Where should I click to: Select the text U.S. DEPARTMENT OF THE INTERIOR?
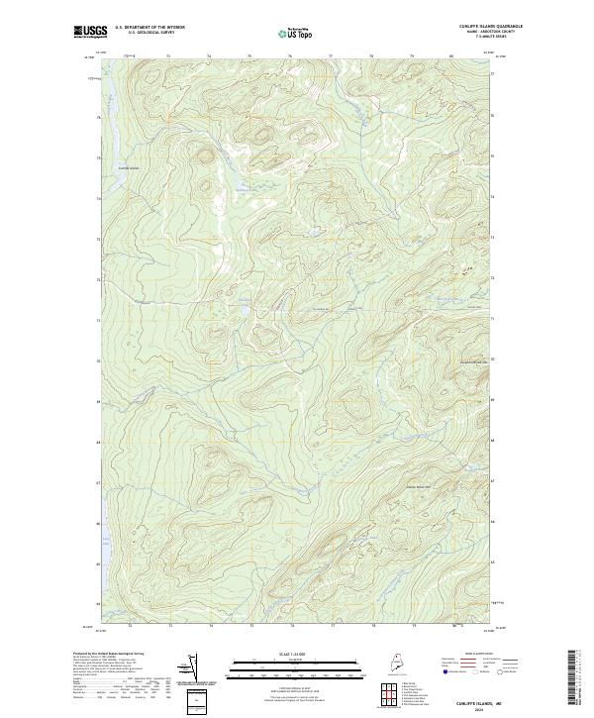150,27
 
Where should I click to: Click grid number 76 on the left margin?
98,118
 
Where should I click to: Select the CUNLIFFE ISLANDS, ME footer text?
473,701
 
